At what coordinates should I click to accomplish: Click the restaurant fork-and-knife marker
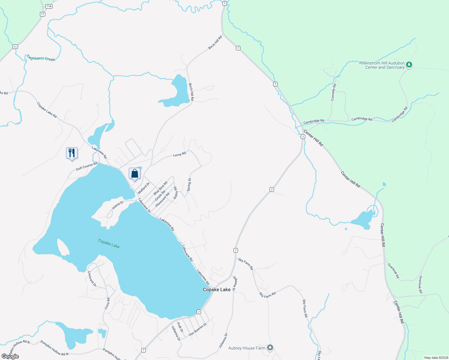72,153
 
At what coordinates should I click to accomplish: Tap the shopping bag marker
135,173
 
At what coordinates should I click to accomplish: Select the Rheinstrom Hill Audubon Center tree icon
409,64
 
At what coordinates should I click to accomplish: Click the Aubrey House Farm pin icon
270,348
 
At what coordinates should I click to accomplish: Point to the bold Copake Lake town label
217,289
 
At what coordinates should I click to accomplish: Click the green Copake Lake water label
109,244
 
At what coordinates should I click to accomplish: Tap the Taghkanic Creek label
41,58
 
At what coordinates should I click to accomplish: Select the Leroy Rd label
179,154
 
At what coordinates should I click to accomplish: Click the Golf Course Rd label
86,166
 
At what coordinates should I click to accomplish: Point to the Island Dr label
117,205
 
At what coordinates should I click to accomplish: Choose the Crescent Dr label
92,279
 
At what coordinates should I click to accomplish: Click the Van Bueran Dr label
197,329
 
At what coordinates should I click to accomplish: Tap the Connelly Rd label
333,92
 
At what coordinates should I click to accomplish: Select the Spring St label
189,185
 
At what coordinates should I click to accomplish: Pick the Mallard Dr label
143,188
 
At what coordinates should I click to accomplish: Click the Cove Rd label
107,303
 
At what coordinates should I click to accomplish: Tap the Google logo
11,356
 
